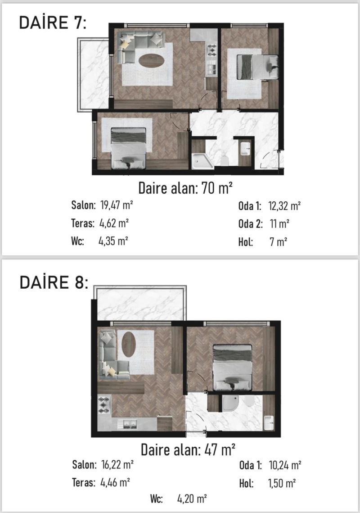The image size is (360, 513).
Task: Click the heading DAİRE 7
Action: (53, 23)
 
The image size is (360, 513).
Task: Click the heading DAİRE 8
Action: (54, 282)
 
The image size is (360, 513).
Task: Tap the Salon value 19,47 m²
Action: (117, 205)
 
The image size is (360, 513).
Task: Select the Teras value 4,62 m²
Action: (114, 223)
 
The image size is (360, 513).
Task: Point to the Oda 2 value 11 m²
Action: (279, 224)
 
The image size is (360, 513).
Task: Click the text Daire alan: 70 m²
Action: (185, 188)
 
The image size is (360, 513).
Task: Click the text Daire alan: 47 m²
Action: (188, 449)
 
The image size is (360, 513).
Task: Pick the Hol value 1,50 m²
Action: (282, 483)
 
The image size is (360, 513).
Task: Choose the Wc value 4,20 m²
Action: (192, 499)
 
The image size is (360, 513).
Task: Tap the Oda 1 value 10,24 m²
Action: (285, 465)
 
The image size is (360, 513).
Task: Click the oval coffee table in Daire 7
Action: (151, 60)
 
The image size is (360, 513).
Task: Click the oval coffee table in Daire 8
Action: (129, 344)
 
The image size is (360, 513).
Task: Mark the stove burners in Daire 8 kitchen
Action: (104, 405)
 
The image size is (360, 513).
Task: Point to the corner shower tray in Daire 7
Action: (202, 161)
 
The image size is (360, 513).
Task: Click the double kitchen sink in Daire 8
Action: (129, 424)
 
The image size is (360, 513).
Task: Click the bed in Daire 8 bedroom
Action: (232, 368)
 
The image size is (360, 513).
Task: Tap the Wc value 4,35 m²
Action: (113, 241)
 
